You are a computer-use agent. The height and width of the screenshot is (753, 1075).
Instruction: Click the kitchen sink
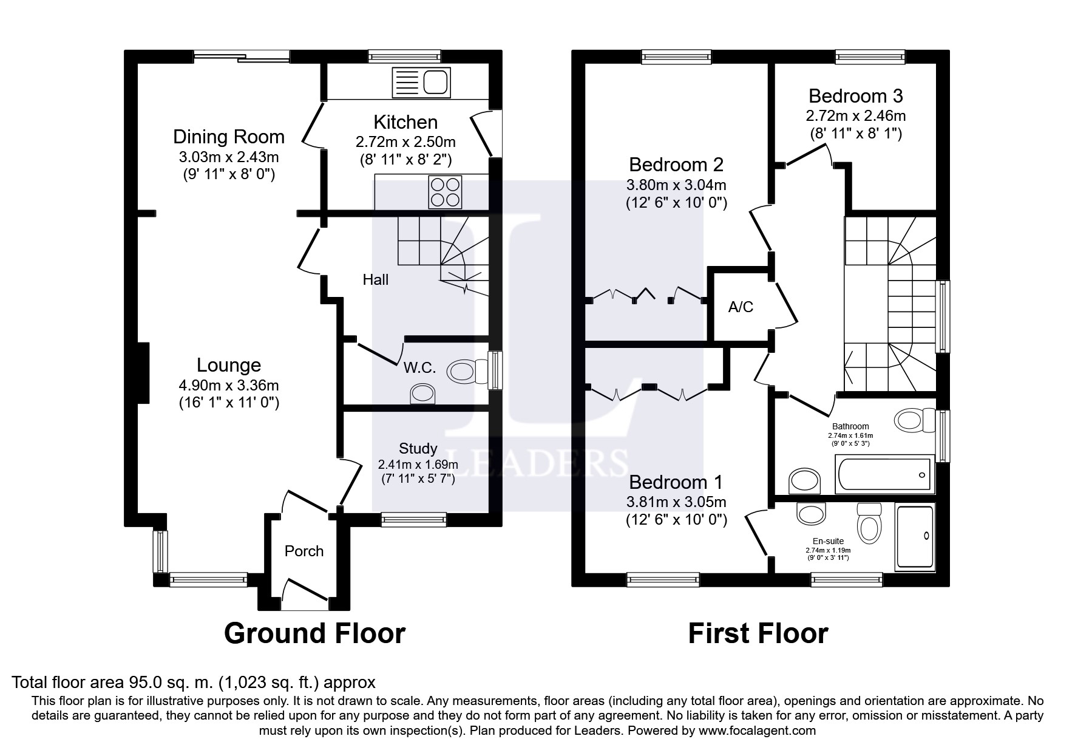tap(422, 83)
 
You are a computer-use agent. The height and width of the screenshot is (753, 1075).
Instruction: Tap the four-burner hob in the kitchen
tap(445, 191)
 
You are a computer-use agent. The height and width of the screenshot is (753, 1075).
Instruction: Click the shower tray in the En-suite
tap(915, 537)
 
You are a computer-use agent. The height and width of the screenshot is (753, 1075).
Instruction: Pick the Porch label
tap(304, 551)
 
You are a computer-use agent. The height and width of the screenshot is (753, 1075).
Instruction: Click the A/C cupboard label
tap(741, 307)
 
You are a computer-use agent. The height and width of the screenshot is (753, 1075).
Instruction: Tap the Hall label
tap(376, 280)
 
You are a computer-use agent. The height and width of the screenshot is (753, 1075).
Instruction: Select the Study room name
tap(418, 449)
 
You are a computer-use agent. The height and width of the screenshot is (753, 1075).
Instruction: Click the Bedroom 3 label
tap(855, 97)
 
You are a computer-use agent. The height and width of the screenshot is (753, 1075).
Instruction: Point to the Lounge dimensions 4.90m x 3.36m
tap(229, 385)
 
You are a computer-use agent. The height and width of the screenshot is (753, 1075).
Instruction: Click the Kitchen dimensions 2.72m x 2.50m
tap(405, 142)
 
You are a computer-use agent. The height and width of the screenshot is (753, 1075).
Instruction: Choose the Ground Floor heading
tap(314, 633)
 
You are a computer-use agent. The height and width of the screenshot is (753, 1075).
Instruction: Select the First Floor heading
tap(758, 633)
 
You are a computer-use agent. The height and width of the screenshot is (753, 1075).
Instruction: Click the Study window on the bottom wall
tap(413, 519)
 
